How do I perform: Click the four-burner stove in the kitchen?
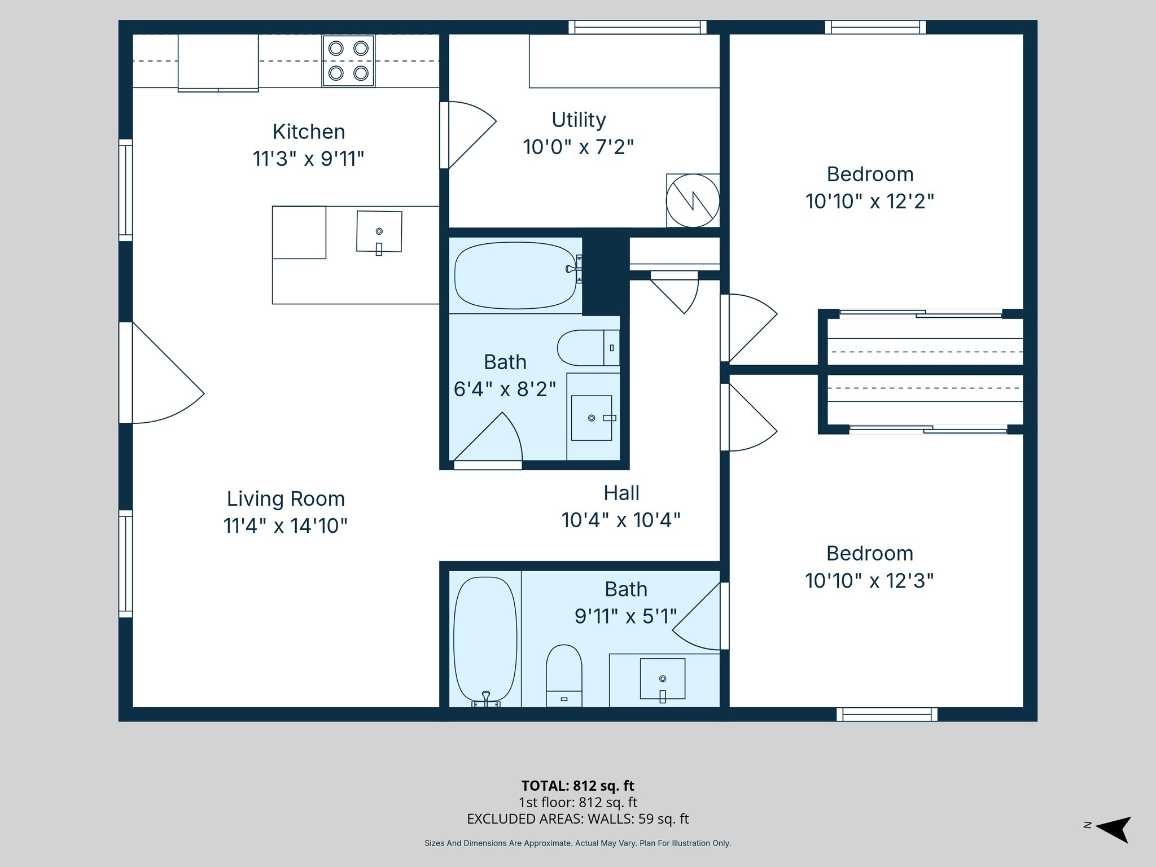[x=348, y=61]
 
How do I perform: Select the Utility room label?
[x=579, y=120]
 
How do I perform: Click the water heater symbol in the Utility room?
[x=693, y=200]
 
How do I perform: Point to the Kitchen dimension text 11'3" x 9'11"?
[x=308, y=159]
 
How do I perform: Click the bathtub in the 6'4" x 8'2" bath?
[x=515, y=275]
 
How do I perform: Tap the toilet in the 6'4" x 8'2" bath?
[x=587, y=348]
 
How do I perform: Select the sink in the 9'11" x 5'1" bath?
[x=662, y=679]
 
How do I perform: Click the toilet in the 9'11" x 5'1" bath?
[x=564, y=675]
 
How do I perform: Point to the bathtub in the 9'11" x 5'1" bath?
[x=485, y=640]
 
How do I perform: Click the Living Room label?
[x=286, y=499]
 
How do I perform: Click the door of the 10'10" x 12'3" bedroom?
[x=748, y=418]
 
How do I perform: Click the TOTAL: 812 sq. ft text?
[x=577, y=786]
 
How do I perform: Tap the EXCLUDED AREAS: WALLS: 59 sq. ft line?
[x=577, y=819]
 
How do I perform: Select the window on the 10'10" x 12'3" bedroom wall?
[x=887, y=715]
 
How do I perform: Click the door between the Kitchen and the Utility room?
[x=466, y=134]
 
